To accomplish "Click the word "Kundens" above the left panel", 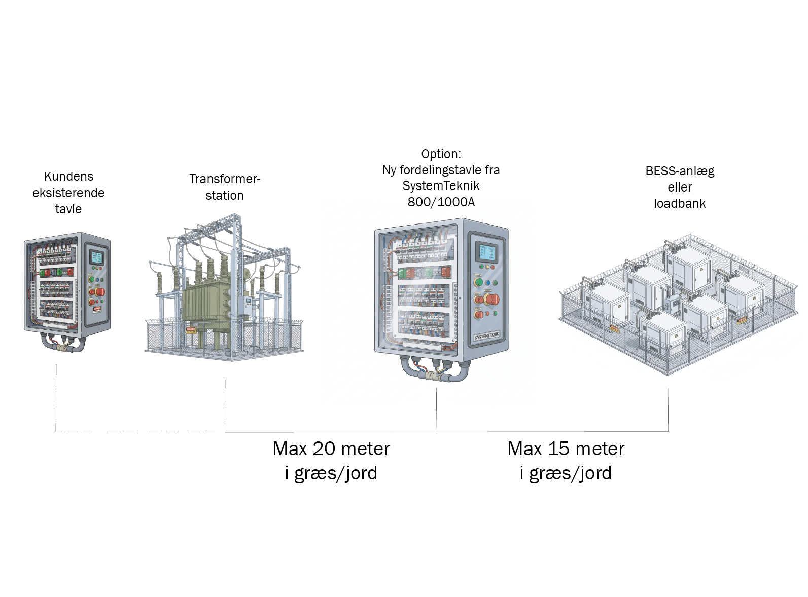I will click(x=68, y=177).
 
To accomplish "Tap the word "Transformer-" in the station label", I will click(x=224, y=179).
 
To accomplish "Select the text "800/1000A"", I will click(x=441, y=202).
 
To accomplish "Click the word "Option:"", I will click(x=441, y=154).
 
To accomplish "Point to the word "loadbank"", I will click(x=679, y=204).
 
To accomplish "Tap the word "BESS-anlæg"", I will click(x=679, y=171).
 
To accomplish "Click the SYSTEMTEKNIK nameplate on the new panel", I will click(x=486, y=336).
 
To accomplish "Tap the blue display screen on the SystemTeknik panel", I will click(x=485, y=252).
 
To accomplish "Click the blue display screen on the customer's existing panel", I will click(x=96, y=257).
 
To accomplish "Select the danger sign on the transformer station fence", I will click(x=190, y=330).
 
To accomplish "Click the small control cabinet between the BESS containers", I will click(x=672, y=304).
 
